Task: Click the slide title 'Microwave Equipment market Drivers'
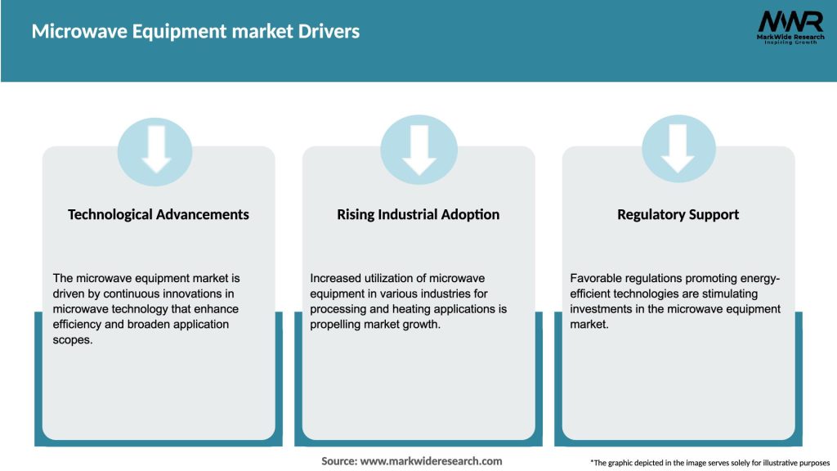pyautogui.click(x=195, y=32)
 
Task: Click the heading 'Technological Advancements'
pyautogui.click(x=159, y=214)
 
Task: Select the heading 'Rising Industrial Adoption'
pyautogui.click(x=418, y=214)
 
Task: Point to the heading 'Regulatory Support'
pyautogui.click(x=678, y=214)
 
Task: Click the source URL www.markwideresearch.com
pyautogui.click(x=431, y=461)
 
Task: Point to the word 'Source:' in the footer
pyautogui.click(x=339, y=461)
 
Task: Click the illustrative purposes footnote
pyautogui.click(x=709, y=463)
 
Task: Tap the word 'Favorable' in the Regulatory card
pyautogui.click(x=596, y=279)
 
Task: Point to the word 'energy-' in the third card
pyautogui.click(x=763, y=279)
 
